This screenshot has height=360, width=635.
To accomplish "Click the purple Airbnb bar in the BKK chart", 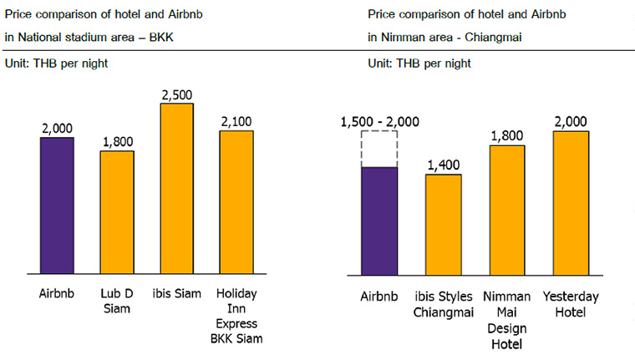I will [57, 205].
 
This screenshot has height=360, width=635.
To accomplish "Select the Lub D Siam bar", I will [116, 212].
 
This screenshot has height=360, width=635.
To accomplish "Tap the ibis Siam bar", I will [176, 189].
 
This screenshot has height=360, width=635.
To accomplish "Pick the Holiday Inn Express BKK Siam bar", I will [236, 202].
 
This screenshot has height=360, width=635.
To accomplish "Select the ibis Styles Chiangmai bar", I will [443, 224].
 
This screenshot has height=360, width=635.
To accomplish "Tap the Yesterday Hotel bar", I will [571, 203].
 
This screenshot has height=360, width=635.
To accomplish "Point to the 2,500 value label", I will [177, 94].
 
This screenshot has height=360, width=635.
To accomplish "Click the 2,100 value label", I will [237, 121].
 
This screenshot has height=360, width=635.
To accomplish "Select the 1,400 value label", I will [444, 165].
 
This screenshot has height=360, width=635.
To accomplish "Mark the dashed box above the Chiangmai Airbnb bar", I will [378, 150].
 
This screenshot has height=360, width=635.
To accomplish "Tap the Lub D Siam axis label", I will [117, 302].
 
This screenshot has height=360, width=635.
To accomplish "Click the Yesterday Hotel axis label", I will [571, 302].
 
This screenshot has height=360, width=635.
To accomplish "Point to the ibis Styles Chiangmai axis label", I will [444, 302].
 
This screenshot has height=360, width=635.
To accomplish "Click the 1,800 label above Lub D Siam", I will [117, 141].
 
